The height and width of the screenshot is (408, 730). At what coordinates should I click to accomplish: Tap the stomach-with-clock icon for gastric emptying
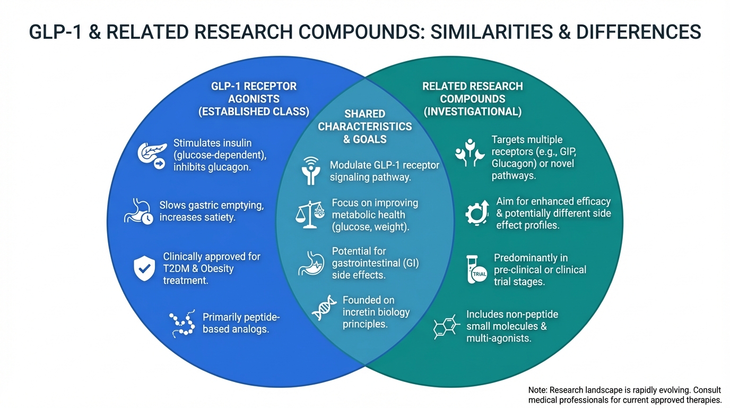coord(138,211)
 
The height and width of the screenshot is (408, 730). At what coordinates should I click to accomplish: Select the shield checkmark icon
coord(144,268)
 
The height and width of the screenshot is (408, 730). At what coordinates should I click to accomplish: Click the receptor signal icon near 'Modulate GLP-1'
coord(310,170)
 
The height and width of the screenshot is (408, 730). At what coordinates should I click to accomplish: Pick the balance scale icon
coord(310,215)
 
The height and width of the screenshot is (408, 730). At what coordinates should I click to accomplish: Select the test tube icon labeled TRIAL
coord(477,270)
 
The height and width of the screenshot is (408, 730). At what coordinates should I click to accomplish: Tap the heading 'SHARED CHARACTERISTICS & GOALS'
coord(364,126)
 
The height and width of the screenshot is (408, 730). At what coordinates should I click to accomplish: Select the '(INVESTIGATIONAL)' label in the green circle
coord(473,112)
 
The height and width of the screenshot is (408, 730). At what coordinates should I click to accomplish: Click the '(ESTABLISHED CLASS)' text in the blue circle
coord(254,112)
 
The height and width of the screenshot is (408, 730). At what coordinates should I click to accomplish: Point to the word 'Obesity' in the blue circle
coord(217,268)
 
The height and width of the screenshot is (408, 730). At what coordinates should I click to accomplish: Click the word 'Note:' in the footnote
coord(540,390)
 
